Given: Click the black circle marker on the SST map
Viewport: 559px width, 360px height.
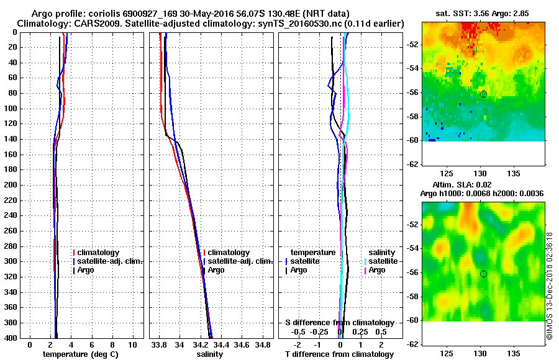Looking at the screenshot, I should [483, 94].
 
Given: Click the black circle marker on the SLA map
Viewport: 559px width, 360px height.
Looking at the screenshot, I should [483, 274].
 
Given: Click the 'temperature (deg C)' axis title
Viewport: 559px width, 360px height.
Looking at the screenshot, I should [80, 354].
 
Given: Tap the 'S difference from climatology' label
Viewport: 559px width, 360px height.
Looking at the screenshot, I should [340, 323].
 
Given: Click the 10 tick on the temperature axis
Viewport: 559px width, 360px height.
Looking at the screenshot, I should [132, 344].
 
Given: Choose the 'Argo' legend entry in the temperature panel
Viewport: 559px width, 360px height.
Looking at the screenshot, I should [86, 271].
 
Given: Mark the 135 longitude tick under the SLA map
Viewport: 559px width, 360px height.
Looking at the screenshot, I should [514, 353].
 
